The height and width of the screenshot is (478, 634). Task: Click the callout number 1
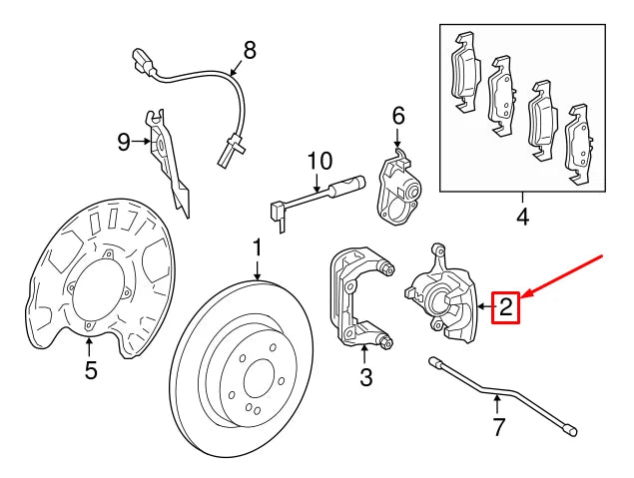(x=257, y=246)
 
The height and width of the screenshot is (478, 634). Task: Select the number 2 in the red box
(x=506, y=307)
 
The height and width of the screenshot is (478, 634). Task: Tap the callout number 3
(x=365, y=377)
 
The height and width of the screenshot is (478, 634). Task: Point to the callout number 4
(x=522, y=215)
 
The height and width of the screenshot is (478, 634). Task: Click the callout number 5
(x=90, y=371)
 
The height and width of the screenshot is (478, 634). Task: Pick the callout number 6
(x=397, y=117)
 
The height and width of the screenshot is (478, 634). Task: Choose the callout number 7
(x=498, y=428)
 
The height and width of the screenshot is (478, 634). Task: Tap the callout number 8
(x=249, y=48)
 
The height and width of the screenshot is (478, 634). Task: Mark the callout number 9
(x=124, y=142)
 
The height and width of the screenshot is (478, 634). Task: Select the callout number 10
(x=317, y=160)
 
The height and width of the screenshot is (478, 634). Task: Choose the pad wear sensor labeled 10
(x=315, y=196)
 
